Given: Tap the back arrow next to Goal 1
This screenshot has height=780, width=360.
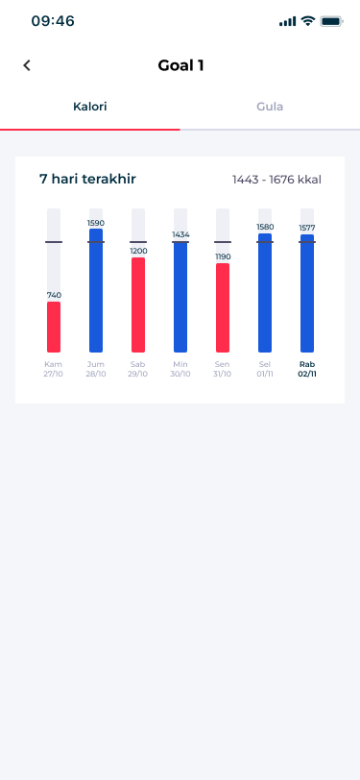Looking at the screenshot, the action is [x=27, y=65].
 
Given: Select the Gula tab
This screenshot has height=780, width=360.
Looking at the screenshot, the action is [x=270, y=107].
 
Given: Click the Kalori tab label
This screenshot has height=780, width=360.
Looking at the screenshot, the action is [x=90, y=107].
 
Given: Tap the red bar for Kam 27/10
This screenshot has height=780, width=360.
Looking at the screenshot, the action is [x=54, y=327].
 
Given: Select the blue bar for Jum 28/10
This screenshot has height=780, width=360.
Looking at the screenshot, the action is [x=96, y=290].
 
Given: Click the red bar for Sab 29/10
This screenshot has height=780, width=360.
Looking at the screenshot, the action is [x=138, y=305].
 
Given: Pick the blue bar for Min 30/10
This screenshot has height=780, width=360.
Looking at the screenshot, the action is [x=180, y=297].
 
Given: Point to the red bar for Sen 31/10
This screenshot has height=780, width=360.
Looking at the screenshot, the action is [x=223, y=308].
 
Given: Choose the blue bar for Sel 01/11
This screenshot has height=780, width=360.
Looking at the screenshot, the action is [x=265, y=293].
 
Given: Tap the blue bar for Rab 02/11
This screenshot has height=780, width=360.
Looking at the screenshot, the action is [x=307, y=294].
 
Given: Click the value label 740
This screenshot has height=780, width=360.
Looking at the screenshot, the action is [x=54, y=295].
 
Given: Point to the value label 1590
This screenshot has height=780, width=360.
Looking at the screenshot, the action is [x=96, y=223].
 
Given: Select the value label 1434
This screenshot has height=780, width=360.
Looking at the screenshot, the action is [x=181, y=234].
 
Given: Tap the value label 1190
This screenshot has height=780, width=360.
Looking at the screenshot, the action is [x=223, y=256].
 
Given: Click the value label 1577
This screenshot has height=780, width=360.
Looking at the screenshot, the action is [x=307, y=228].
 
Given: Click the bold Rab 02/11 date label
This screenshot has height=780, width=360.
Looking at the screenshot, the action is [x=307, y=369].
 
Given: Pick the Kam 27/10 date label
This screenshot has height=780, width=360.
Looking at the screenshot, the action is [x=53, y=369].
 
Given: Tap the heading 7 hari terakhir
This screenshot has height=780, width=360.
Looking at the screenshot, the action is [x=87, y=179].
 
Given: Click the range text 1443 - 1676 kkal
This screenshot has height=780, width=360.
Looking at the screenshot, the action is [x=277, y=180].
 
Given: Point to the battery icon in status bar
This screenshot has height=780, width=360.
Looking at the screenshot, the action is [x=331, y=21].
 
